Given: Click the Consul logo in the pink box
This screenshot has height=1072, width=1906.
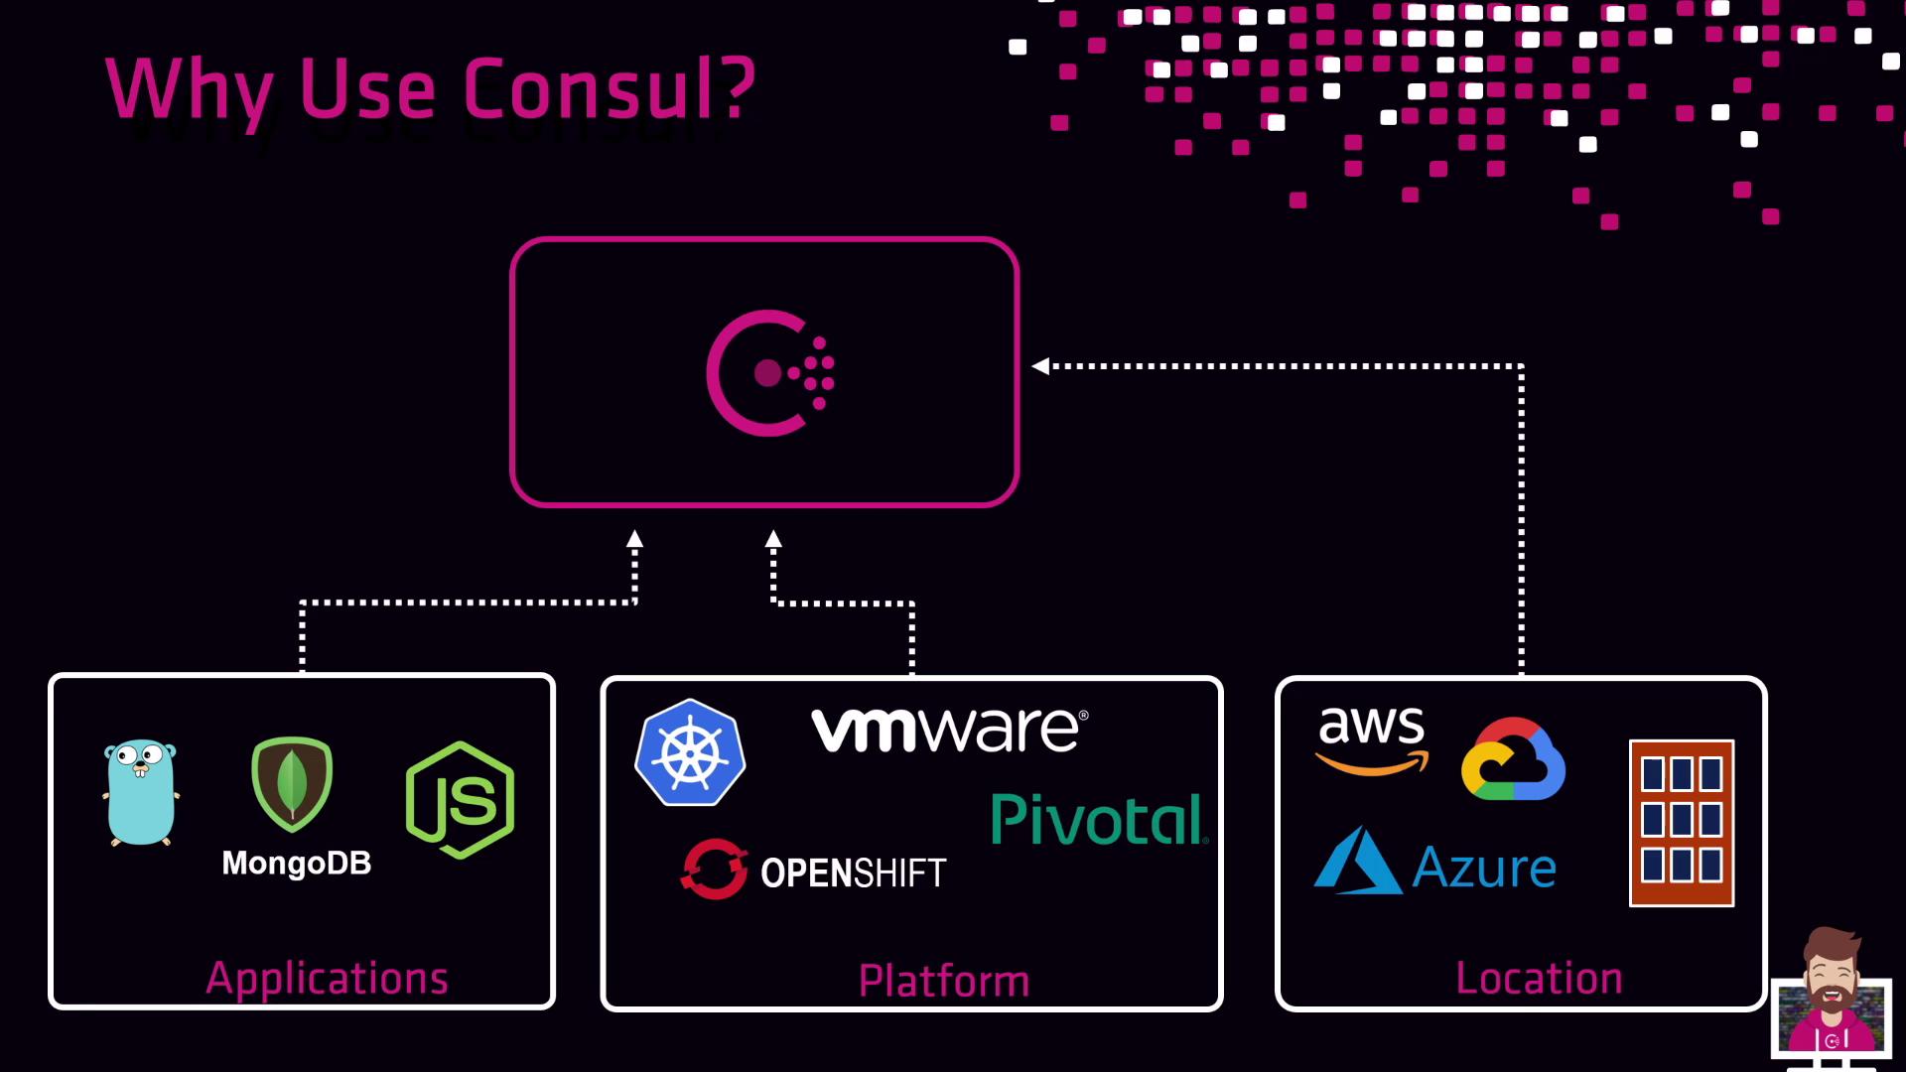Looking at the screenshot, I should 769,373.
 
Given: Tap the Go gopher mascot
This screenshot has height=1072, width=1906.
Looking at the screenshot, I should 141,792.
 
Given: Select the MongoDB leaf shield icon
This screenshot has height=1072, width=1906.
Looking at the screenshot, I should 292,784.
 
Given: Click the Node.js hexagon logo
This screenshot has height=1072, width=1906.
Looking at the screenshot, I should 461,799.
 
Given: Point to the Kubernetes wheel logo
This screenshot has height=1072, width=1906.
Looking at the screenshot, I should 690,752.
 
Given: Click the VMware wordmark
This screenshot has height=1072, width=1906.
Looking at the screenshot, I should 949,731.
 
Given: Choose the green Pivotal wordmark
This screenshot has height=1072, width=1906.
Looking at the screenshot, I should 1099,819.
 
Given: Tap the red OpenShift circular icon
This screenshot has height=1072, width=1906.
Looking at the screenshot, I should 714,869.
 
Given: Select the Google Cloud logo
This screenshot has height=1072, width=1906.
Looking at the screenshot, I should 1513,760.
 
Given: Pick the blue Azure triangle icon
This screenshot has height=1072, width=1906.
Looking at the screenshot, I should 1357,863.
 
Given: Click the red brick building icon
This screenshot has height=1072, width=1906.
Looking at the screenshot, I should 1682,823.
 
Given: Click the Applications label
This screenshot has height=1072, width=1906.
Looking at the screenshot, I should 328,979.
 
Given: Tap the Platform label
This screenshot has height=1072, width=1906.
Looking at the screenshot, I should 943,981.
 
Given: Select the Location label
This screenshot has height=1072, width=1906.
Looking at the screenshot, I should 1539,979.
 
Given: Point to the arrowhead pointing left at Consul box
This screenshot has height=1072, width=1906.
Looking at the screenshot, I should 1040,366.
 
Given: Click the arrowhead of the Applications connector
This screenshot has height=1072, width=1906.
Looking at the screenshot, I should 634,539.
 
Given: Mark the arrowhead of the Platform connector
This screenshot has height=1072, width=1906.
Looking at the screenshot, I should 773,539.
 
